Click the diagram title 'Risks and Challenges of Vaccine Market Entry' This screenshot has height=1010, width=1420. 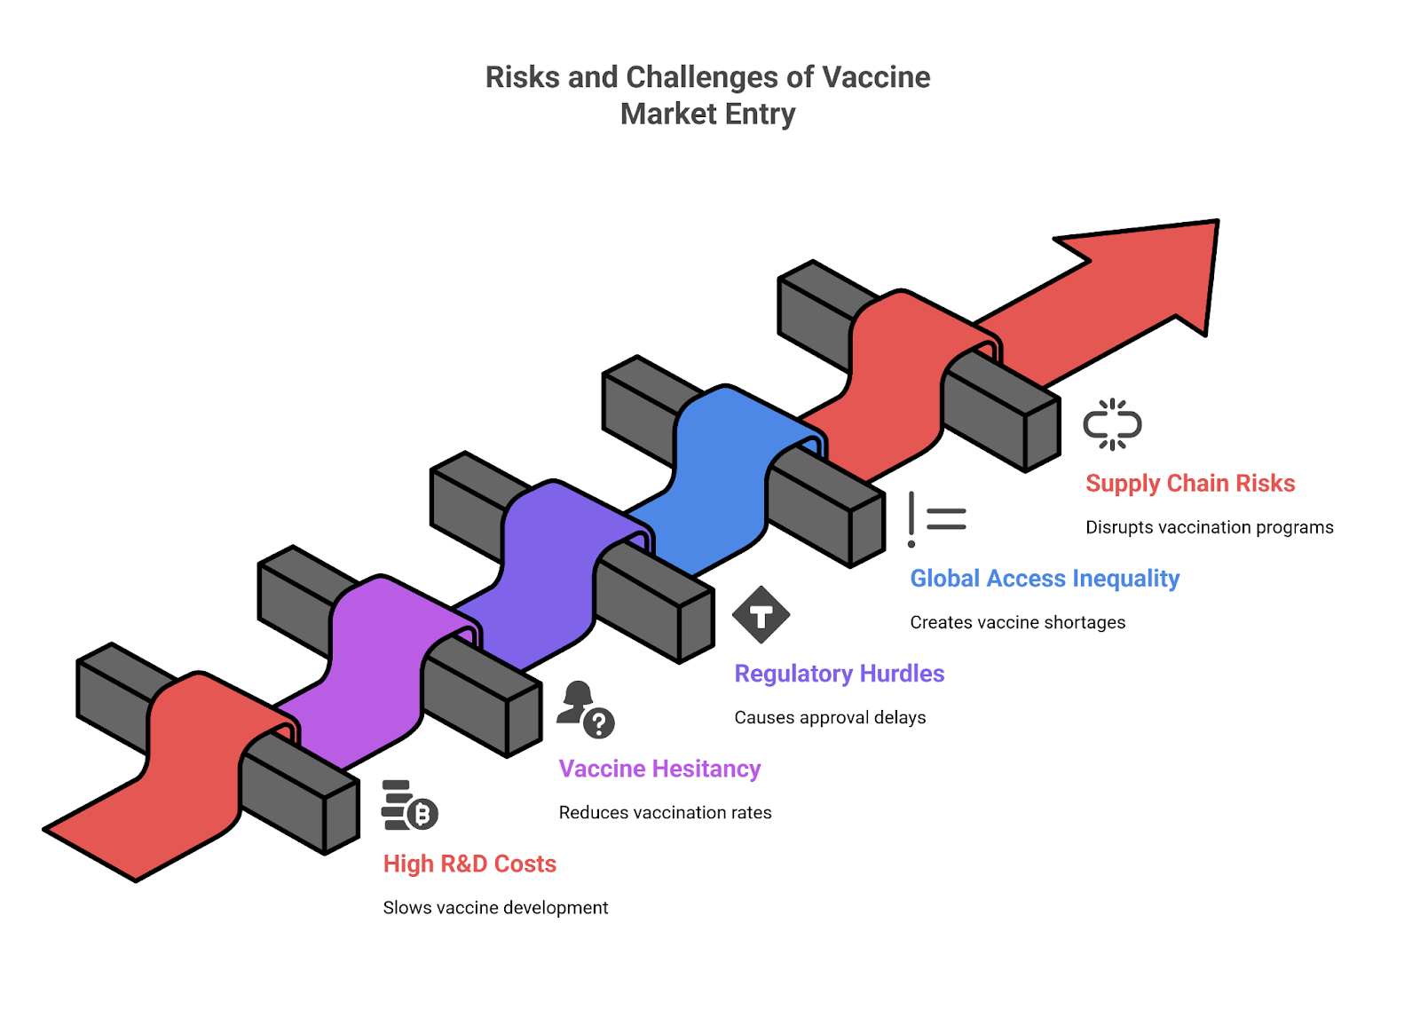tap(707, 95)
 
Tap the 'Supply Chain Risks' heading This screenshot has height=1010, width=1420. tap(1190, 484)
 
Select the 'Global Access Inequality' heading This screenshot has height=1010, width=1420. tap(1045, 579)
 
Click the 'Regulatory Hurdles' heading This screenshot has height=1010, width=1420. tap(839, 674)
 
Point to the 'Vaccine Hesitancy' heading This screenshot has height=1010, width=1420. tap(659, 769)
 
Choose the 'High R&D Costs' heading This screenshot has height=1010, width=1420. tap(469, 864)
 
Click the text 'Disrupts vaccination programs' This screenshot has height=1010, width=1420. tap(1209, 527)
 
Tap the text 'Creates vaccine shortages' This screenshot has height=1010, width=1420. tap(1017, 622)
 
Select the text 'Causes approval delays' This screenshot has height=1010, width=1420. tap(830, 717)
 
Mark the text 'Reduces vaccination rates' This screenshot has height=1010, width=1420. tap(665, 812)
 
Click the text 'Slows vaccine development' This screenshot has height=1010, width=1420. tap(495, 908)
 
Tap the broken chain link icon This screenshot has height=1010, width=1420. tap(1112, 424)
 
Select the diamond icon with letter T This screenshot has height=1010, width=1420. tap(761, 614)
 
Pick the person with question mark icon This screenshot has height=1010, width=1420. tap(586, 710)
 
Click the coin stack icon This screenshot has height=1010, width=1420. tap(409, 805)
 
